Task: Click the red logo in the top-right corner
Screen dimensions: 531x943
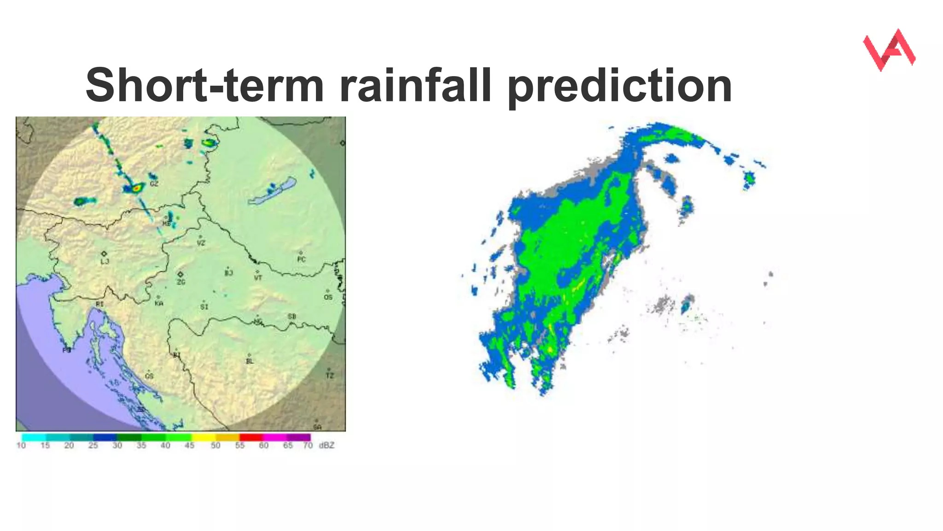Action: (x=889, y=50)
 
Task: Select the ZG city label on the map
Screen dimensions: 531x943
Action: (x=181, y=282)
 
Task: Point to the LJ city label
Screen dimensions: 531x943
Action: (x=105, y=261)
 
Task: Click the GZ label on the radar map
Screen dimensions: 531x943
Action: (x=154, y=183)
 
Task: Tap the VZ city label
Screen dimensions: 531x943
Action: (x=201, y=242)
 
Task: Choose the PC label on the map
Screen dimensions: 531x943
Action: (x=301, y=260)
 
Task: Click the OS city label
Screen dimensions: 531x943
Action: (x=328, y=297)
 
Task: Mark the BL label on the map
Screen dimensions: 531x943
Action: (x=250, y=361)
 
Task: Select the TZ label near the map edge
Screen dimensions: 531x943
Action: (x=330, y=376)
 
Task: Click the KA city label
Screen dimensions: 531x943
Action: (x=159, y=303)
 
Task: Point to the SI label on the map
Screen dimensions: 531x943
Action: (x=204, y=307)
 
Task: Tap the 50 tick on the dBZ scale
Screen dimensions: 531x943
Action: (x=215, y=445)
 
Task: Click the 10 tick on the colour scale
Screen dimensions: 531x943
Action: (x=21, y=445)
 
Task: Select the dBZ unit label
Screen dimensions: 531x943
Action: (x=326, y=445)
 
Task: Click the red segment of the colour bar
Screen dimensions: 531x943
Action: (x=251, y=437)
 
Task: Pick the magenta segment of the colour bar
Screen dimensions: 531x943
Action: (x=275, y=437)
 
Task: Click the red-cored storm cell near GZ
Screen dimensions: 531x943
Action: (x=136, y=188)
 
